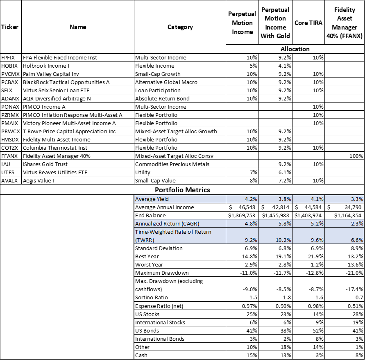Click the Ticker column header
(x=10, y=27)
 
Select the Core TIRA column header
(x=308, y=23)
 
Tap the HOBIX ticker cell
(x=9, y=66)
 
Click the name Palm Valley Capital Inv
(x=51, y=74)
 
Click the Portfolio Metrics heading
(x=182, y=190)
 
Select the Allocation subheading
(x=295, y=49)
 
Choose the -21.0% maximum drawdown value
(x=355, y=273)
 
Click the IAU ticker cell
(x=6, y=164)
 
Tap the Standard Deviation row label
(x=159, y=248)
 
